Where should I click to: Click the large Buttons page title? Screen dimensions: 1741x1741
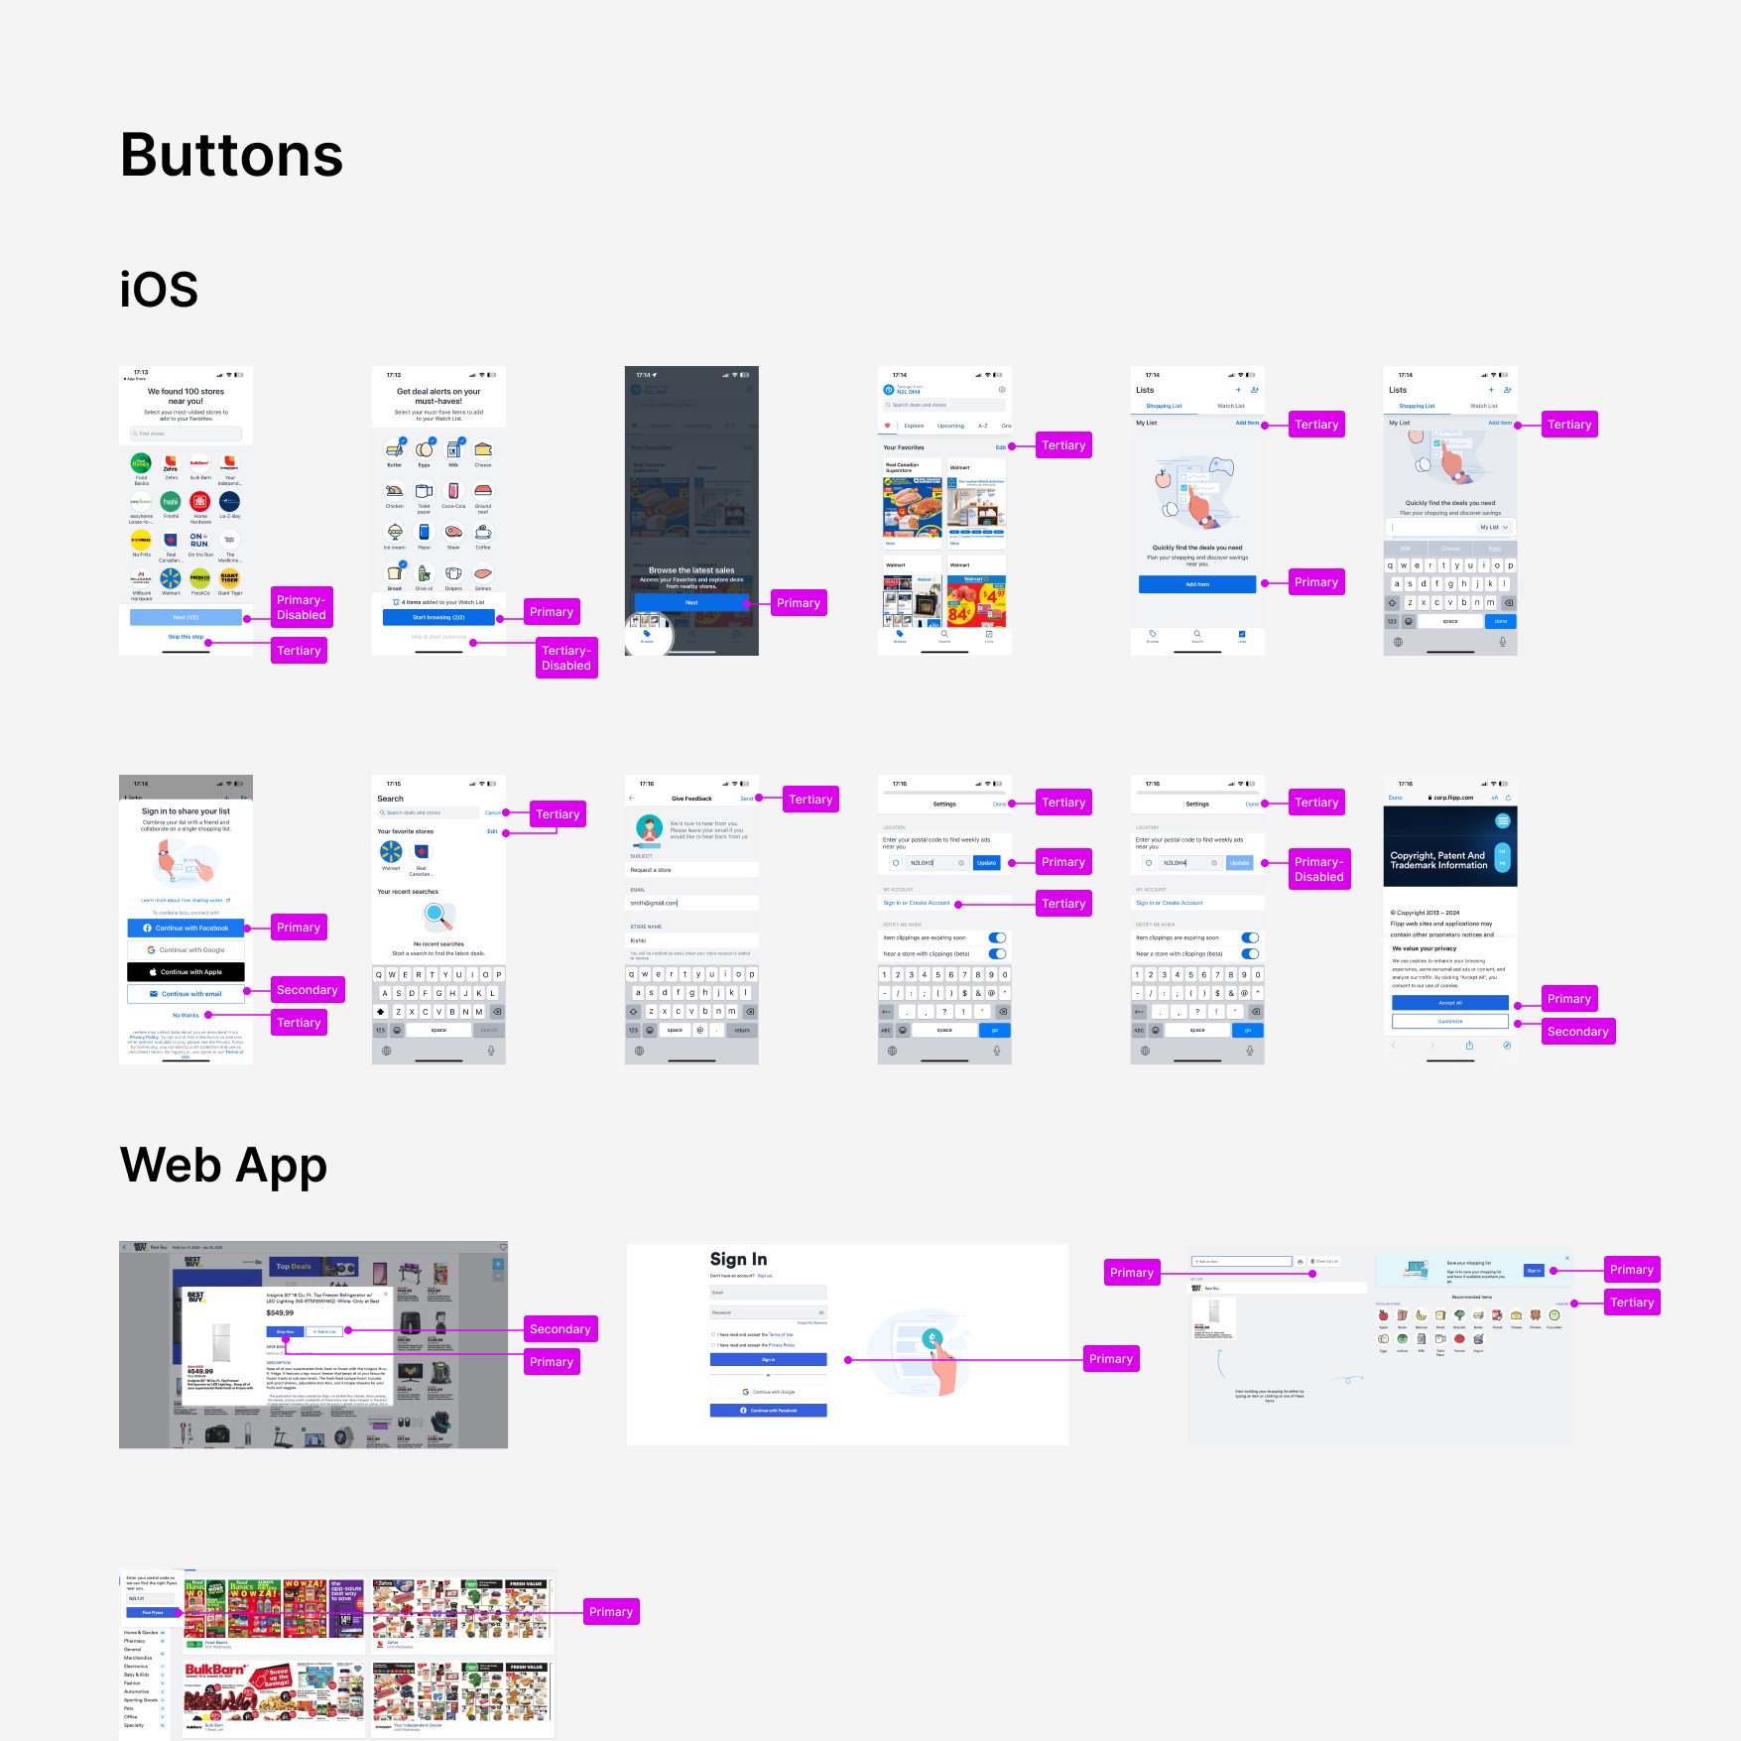point(232,156)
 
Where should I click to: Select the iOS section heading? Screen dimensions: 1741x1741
point(159,290)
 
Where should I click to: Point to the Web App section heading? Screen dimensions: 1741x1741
point(223,1165)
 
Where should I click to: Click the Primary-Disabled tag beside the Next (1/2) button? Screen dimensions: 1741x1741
point(302,607)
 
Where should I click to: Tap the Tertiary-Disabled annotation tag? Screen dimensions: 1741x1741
point(566,658)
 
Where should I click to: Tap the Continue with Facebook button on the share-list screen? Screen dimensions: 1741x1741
point(186,928)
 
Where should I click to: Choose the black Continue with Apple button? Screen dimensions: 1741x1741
point(186,972)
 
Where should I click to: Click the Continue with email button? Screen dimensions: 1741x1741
point(186,994)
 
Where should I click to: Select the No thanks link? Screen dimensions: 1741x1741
point(186,1015)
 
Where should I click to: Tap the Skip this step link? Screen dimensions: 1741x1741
point(186,637)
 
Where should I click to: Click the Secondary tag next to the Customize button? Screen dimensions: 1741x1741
point(1577,1032)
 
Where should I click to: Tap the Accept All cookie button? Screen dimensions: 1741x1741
point(1449,1003)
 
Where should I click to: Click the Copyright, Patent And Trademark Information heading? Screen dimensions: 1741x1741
point(1438,860)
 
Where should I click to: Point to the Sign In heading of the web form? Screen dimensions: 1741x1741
point(738,1259)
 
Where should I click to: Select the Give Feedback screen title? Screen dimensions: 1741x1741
point(691,799)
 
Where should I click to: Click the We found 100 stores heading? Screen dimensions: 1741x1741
point(186,396)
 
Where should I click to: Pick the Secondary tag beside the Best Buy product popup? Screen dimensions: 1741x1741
point(560,1329)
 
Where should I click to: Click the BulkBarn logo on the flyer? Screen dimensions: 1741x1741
point(214,1671)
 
